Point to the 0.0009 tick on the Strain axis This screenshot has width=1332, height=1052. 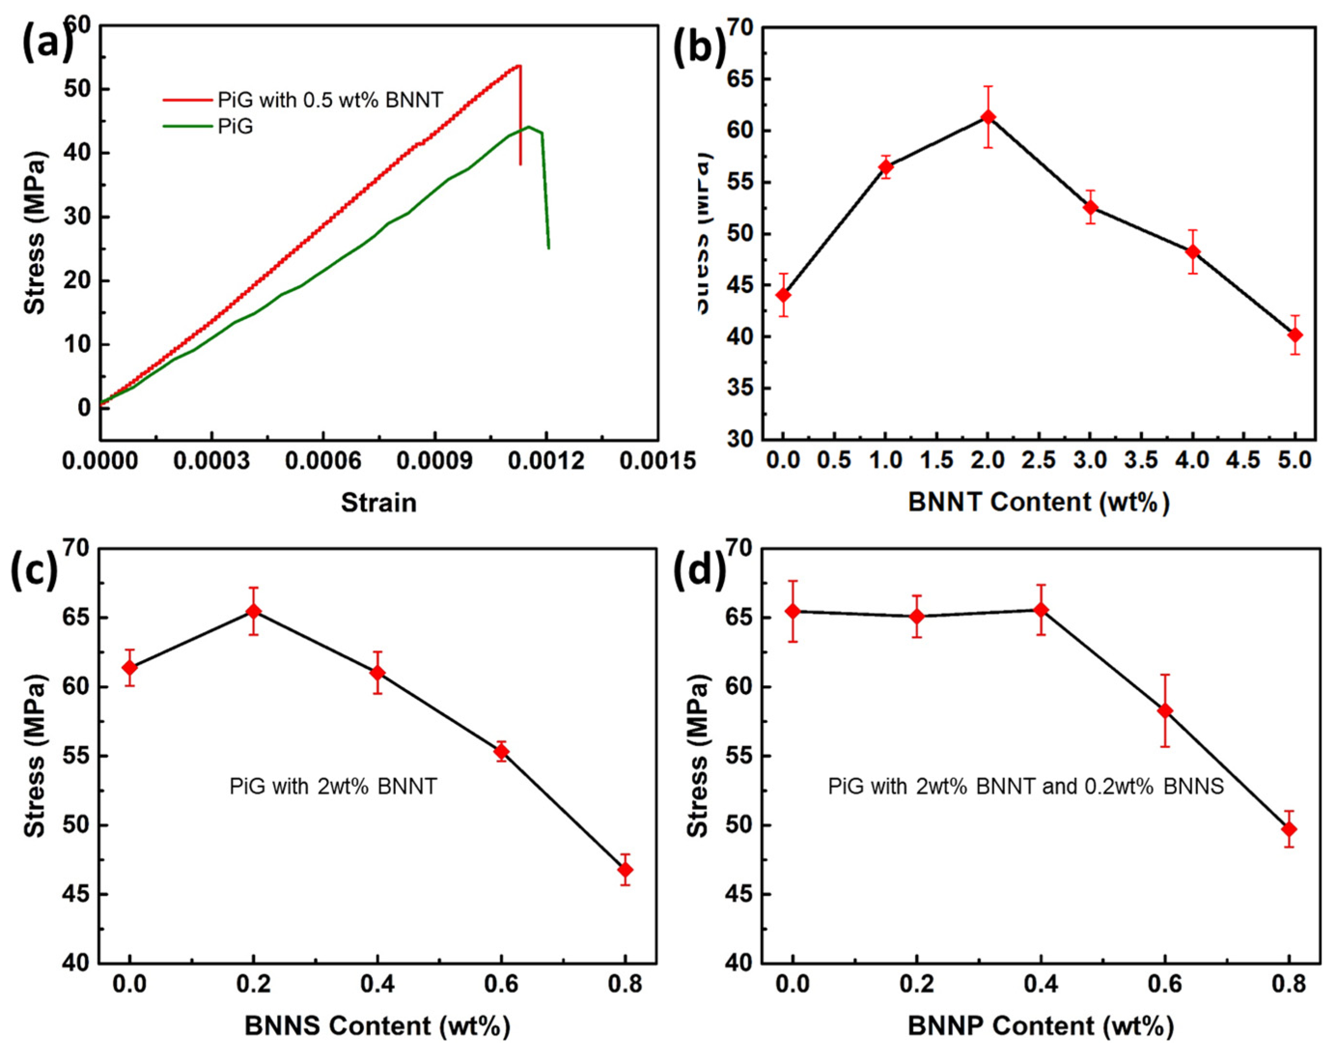click(434, 461)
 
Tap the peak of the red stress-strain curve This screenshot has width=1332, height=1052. click(519, 65)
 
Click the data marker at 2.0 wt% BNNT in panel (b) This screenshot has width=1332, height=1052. click(988, 117)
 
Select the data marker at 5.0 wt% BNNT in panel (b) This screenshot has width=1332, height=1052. click(1295, 335)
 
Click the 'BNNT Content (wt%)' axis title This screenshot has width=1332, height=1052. click(1038, 502)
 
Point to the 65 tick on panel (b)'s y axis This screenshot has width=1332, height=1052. click(743, 80)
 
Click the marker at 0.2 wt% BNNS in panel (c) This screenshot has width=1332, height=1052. click(254, 611)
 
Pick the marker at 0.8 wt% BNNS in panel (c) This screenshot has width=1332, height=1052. click(625, 870)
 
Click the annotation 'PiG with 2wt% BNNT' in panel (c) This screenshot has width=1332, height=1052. click(333, 787)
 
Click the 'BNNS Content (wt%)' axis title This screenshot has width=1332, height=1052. click(377, 1026)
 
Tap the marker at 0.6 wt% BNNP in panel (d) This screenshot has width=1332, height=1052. click(1165, 711)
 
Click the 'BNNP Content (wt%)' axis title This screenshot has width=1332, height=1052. click(1041, 1026)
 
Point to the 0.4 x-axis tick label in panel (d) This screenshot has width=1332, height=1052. click(1041, 984)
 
